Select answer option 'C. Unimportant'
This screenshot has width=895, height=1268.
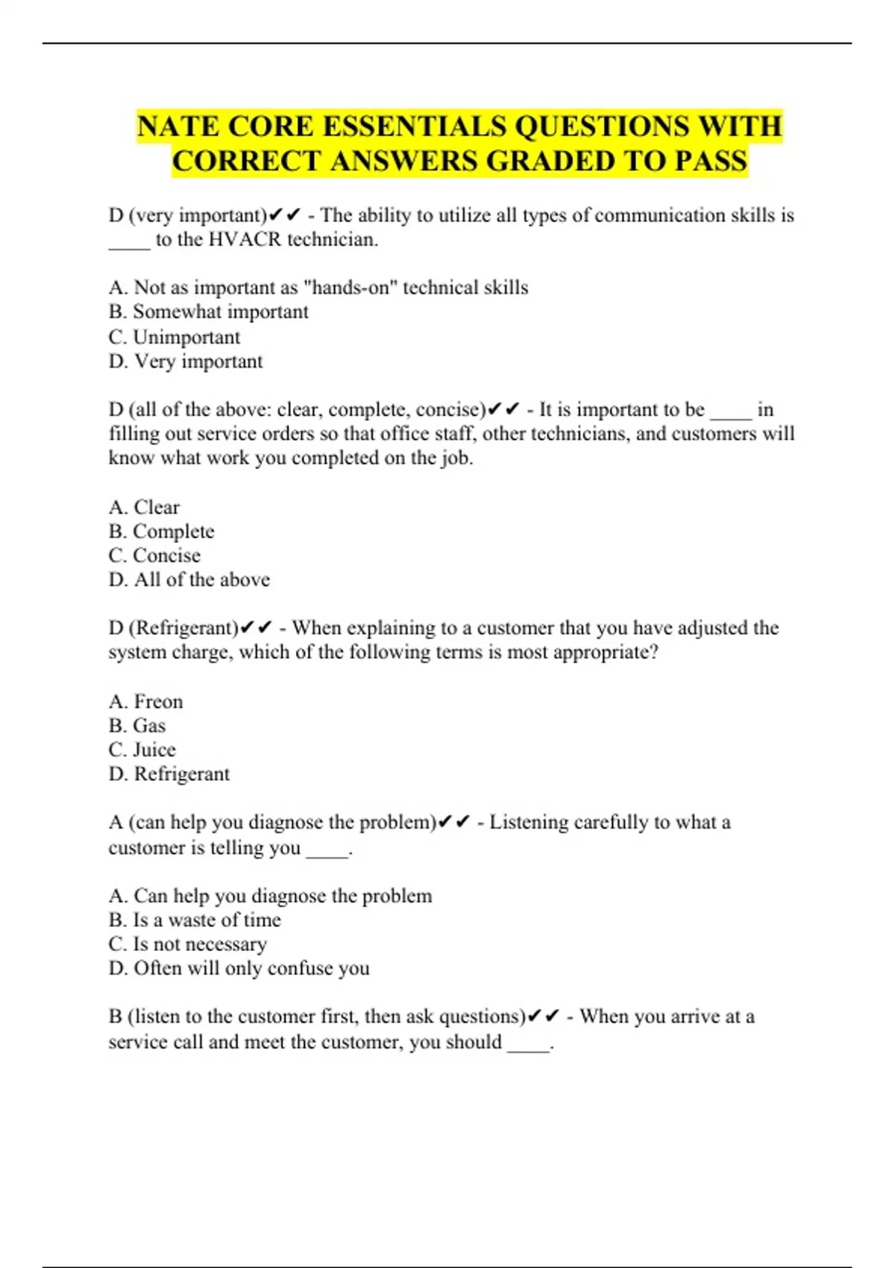point(175,337)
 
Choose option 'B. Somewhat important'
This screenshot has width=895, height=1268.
point(208,312)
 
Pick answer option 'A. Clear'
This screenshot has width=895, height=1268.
point(144,507)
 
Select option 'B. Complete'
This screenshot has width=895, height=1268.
point(161,532)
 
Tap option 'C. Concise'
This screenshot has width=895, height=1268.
point(154,556)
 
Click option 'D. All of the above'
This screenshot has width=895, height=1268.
point(189,580)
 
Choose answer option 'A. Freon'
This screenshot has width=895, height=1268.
point(145,702)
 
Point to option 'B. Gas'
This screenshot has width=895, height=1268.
point(137,726)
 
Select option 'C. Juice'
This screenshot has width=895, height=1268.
point(142,750)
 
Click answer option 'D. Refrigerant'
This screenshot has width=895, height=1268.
point(169,774)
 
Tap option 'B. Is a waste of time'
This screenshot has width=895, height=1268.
point(195,920)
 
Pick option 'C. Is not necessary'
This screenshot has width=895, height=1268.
point(187,944)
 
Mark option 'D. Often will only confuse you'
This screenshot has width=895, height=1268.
point(239,968)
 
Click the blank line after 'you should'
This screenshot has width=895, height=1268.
point(529,1043)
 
